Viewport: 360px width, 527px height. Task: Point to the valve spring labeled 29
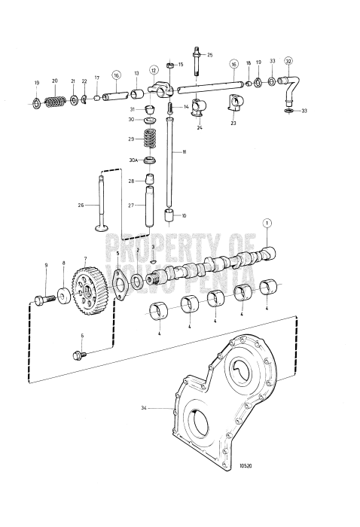click(x=151, y=140)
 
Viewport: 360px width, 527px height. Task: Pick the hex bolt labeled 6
click(x=78, y=353)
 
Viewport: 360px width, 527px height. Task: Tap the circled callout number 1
click(x=265, y=222)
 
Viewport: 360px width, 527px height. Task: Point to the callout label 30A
click(x=132, y=160)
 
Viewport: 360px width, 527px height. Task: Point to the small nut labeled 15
click(x=170, y=65)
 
